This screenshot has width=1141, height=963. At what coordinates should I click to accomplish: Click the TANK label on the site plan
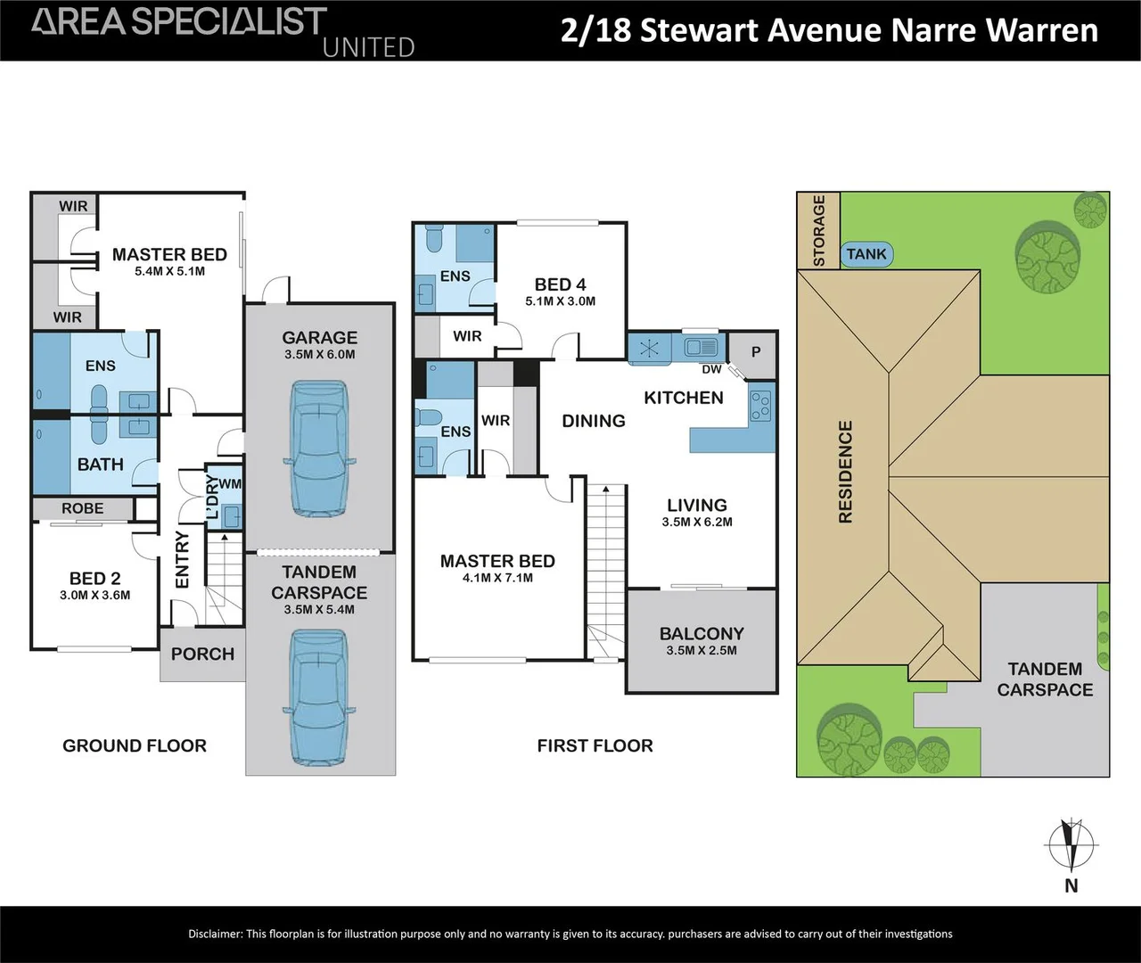click(x=866, y=254)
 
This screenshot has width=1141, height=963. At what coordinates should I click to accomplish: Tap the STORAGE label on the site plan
click(x=818, y=231)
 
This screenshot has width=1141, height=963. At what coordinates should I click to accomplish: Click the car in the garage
click(x=320, y=449)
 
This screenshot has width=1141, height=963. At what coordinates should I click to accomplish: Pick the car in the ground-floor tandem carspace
click(x=320, y=697)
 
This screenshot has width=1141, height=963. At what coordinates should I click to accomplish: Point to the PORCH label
click(x=202, y=654)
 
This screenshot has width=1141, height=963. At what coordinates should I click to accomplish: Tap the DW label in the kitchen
click(x=711, y=369)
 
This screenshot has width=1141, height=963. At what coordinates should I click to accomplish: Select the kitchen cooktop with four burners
click(x=760, y=406)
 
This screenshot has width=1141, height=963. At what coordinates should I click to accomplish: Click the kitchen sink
click(x=702, y=347)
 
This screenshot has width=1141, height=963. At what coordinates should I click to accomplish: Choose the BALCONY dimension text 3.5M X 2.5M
click(x=702, y=650)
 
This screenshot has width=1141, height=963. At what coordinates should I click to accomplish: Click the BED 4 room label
click(x=560, y=284)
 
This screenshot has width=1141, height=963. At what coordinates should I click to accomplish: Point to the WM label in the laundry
click(x=230, y=483)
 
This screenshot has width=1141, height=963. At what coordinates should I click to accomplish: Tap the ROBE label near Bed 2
click(x=83, y=508)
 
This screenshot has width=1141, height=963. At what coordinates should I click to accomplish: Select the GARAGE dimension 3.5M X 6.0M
click(x=320, y=354)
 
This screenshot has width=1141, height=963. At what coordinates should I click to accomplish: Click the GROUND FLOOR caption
click(x=135, y=745)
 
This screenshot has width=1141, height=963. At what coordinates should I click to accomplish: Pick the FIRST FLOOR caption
click(x=595, y=745)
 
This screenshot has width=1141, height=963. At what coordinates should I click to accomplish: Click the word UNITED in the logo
click(x=368, y=47)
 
